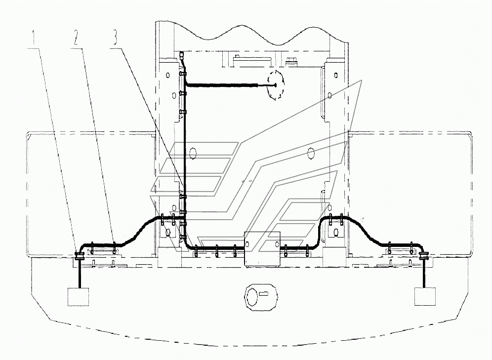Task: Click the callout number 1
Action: pyautogui.click(x=33, y=38)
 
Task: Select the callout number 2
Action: pyautogui.click(x=76, y=38)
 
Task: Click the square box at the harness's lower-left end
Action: pyautogui.click(x=79, y=297)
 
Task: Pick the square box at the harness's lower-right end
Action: pyautogui.click(x=425, y=296)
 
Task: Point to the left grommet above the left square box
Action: pyautogui.click(x=80, y=256)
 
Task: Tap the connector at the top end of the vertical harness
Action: pyautogui.click(x=182, y=56)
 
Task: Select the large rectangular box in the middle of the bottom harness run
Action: pyautogui.click(x=262, y=249)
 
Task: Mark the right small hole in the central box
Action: pyautogui.click(x=277, y=244)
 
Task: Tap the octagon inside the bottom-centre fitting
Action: pyautogui.click(x=252, y=296)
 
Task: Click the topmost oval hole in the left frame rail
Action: pyautogui.click(x=168, y=75)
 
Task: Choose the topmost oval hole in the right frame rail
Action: pyautogui.click(x=336, y=75)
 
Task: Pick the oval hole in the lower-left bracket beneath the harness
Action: pyautogui.click(x=168, y=233)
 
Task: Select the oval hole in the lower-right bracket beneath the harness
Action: pyautogui.click(x=336, y=233)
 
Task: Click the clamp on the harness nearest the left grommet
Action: pyautogui.click(x=92, y=247)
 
